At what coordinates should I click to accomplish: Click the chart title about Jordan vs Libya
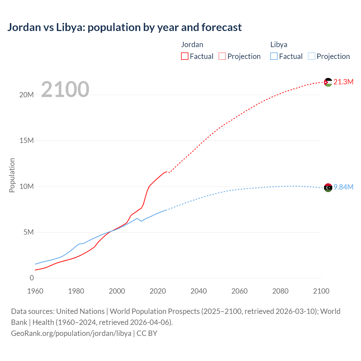click(124, 27)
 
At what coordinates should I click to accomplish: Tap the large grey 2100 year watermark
click(65, 89)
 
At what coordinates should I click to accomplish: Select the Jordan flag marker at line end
click(328, 82)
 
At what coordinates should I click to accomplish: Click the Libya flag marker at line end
click(328, 188)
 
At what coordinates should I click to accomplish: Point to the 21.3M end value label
click(343, 82)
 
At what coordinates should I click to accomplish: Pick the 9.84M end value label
click(343, 187)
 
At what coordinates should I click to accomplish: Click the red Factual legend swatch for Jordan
click(185, 56)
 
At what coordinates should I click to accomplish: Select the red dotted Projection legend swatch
click(222, 56)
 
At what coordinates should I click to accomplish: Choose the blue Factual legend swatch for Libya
click(274, 56)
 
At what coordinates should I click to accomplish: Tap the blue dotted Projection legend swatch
click(312, 56)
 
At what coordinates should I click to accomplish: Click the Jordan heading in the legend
click(192, 45)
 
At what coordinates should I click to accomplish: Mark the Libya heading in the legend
click(279, 45)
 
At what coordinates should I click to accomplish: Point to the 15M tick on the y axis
click(27, 140)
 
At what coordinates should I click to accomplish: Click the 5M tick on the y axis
click(28, 232)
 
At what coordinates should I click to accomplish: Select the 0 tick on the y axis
click(32, 278)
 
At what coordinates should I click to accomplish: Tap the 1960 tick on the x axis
click(35, 291)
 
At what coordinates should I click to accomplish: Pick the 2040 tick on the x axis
click(199, 291)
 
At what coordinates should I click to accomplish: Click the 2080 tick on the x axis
click(280, 291)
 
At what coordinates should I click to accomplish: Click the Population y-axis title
click(12, 175)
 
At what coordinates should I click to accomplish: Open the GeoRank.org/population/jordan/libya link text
click(71, 333)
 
